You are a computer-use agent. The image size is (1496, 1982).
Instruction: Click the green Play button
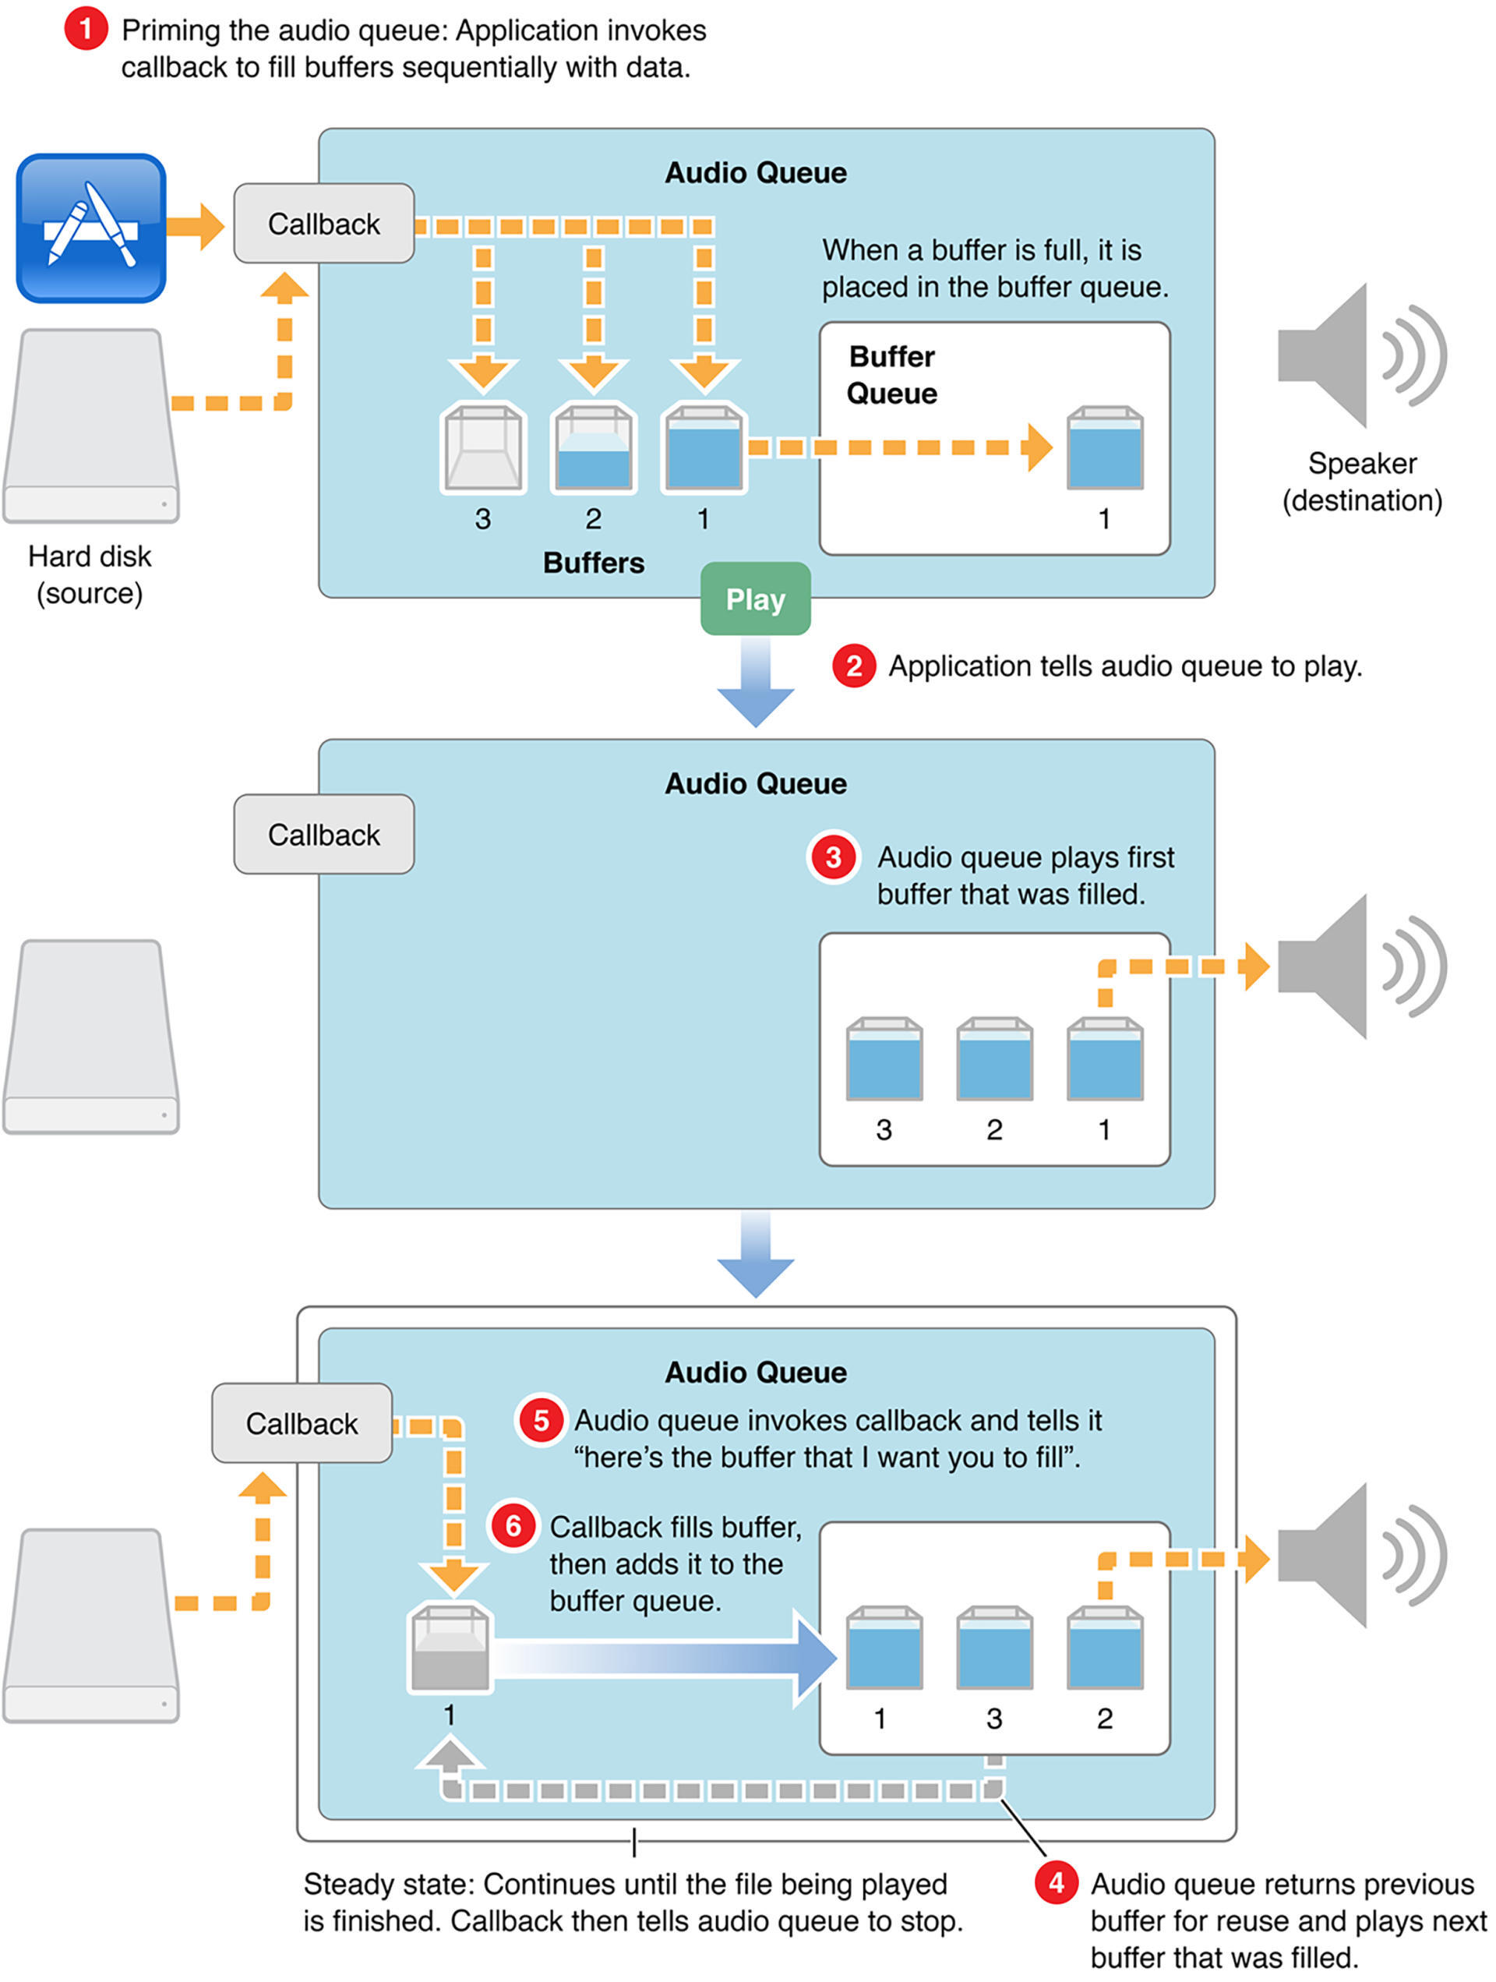click(754, 599)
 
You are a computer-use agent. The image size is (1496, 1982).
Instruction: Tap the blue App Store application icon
click(90, 228)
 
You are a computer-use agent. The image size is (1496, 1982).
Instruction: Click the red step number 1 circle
click(85, 30)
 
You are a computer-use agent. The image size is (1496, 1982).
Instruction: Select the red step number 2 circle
click(853, 666)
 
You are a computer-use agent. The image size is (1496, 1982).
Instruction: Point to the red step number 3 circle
click(833, 857)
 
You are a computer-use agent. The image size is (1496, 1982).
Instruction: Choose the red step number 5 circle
click(541, 1420)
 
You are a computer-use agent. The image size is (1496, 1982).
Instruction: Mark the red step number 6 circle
click(513, 1526)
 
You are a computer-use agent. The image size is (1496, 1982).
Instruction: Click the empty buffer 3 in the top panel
click(483, 447)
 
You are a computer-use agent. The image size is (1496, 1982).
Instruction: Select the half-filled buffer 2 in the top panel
click(593, 447)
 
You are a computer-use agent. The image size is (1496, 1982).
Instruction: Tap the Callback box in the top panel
click(323, 224)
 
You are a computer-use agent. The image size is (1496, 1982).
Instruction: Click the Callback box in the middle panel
click(323, 834)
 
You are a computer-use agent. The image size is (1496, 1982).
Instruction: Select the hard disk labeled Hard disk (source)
click(90, 426)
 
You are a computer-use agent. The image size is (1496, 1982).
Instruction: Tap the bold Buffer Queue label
click(891, 375)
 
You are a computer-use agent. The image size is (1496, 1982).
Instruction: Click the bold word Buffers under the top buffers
click(593, 563)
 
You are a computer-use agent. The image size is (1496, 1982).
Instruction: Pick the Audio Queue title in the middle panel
click(755, 783)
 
